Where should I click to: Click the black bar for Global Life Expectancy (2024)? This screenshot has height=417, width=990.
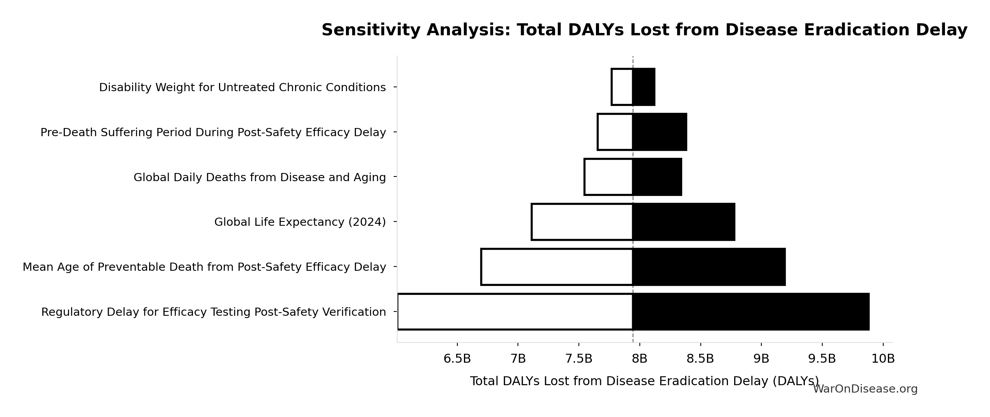coord(684,222)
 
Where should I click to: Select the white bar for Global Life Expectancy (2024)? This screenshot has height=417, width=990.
coord(582,222)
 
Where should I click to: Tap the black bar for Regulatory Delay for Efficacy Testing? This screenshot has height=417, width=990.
coord(751,312)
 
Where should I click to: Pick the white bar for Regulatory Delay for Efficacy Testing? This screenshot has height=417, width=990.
coord(515,312)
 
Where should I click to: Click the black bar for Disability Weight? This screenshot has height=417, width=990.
coord(644,87)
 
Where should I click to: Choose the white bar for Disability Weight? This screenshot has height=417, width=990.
coord(622,87)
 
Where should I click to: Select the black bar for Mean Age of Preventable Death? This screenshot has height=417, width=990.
coord(709,267)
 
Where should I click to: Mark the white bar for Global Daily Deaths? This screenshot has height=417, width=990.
coord(608,177)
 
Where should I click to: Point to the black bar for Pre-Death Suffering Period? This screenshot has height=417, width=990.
coord(660,132)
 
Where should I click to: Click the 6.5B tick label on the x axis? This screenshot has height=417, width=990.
coord(457,359)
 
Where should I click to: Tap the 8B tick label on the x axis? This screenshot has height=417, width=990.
coord(639,359)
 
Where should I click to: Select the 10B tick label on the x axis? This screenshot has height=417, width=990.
coord(883,359)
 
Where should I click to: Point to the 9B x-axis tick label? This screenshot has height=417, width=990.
coord(761,359)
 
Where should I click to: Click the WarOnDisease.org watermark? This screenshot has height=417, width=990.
coord(865,389)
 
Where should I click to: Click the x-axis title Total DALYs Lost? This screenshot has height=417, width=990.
coord(644,381)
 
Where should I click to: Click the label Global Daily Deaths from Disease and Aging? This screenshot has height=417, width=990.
coord(259,177)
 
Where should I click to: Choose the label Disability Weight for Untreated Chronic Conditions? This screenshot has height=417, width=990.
coord(242,87)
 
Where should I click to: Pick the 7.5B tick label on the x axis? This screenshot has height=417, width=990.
coord(578,359)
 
